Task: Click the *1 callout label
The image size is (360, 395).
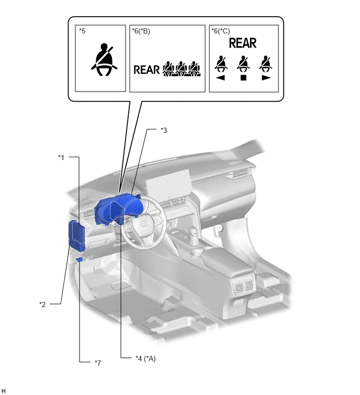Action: point(61,157)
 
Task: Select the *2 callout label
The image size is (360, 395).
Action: point(42,304)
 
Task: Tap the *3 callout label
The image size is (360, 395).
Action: point(164,130)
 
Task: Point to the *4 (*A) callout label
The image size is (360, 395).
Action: point(145,358)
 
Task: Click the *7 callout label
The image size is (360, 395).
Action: point(98,363)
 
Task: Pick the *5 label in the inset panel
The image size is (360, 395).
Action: point(82,31)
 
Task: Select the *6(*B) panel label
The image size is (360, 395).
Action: point(141,31)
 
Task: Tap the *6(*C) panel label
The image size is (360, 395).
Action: point(220,31)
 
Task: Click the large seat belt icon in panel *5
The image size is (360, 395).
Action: point(104,60)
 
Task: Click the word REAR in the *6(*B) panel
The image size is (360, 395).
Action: point(147,70)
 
